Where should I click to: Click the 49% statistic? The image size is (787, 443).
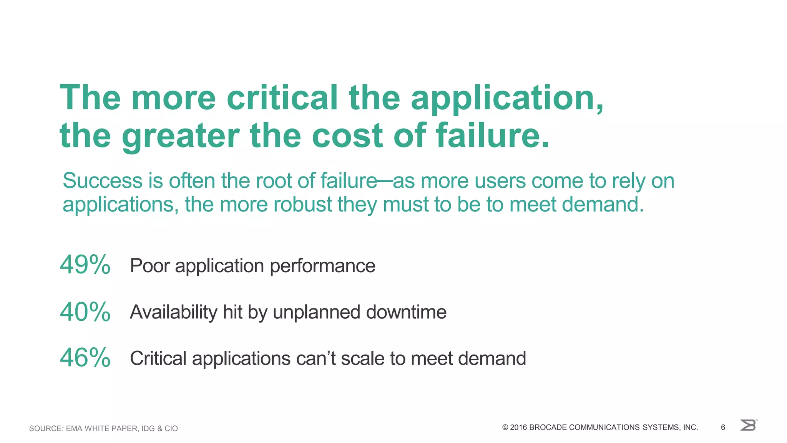pyautogui.click(x=85, y=265)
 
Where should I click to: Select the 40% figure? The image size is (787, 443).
pyautogui.click(x=85, y=311)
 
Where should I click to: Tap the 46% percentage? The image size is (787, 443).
pyautogui.click(x=85, y=358)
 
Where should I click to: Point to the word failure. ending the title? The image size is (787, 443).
pyautogui.click(x=493, y=135)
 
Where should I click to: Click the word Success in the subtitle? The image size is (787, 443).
pyautogui.click(x=103, y=181)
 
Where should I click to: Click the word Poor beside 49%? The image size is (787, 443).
pyautogui.click(x=150, y=266)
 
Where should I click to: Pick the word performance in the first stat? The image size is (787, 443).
pyautogui.click(x=322, y=266)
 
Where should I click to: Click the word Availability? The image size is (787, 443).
pyautogui.click(x=174, y=312)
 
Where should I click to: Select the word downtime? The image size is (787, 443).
pyautogui.click(x=406, y=312)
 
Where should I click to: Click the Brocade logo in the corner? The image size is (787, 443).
pyautogui.click(x=748, y=425)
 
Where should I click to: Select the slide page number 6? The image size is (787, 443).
pyautogui.click(x=723, y=428)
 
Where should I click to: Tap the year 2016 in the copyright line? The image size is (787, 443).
pyautogui.click(x=518, y=428)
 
